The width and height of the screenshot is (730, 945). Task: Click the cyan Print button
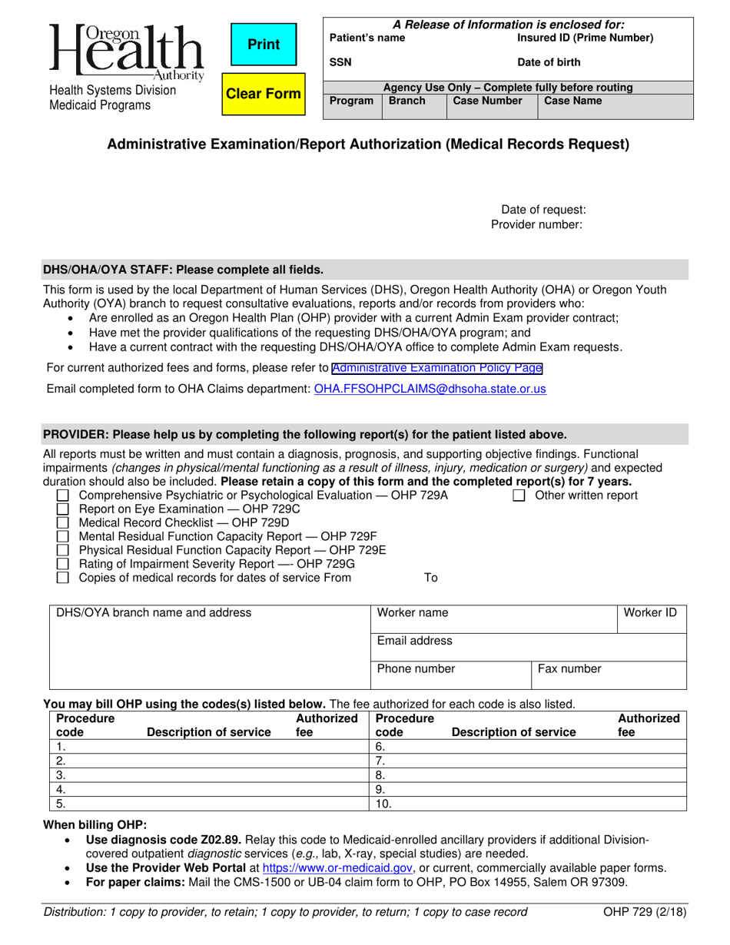(264, 45)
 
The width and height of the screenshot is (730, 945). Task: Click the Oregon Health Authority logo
(128, 52)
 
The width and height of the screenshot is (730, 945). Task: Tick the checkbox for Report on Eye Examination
(63, 509)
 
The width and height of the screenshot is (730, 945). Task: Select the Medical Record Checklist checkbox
(63, 523)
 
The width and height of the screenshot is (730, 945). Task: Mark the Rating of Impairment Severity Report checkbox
(63, 564)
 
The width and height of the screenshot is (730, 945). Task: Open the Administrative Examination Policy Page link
(437, 368)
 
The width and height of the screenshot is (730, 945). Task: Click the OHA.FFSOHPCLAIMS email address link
(430, 389)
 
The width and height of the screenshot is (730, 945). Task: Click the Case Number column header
(488, 101)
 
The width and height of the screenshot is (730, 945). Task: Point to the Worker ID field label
(650, 612)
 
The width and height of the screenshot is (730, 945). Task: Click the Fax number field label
(569, 668)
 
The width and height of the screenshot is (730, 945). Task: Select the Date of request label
(543, 210)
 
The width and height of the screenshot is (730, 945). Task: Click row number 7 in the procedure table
(380, 761)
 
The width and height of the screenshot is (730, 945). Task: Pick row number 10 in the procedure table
(383, 804)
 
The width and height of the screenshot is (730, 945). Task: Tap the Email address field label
(415, 641)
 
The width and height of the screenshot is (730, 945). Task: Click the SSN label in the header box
(340, 63)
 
